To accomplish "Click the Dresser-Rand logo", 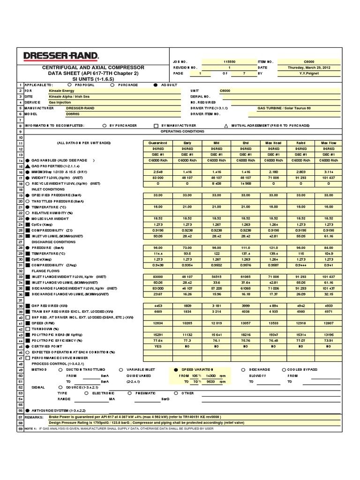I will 60,56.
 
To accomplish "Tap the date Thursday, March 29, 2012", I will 310,67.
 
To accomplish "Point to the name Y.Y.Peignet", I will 310,74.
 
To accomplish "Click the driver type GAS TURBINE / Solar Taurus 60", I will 284,108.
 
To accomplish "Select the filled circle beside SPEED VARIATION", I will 176,370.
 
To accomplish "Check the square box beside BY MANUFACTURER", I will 156,126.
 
